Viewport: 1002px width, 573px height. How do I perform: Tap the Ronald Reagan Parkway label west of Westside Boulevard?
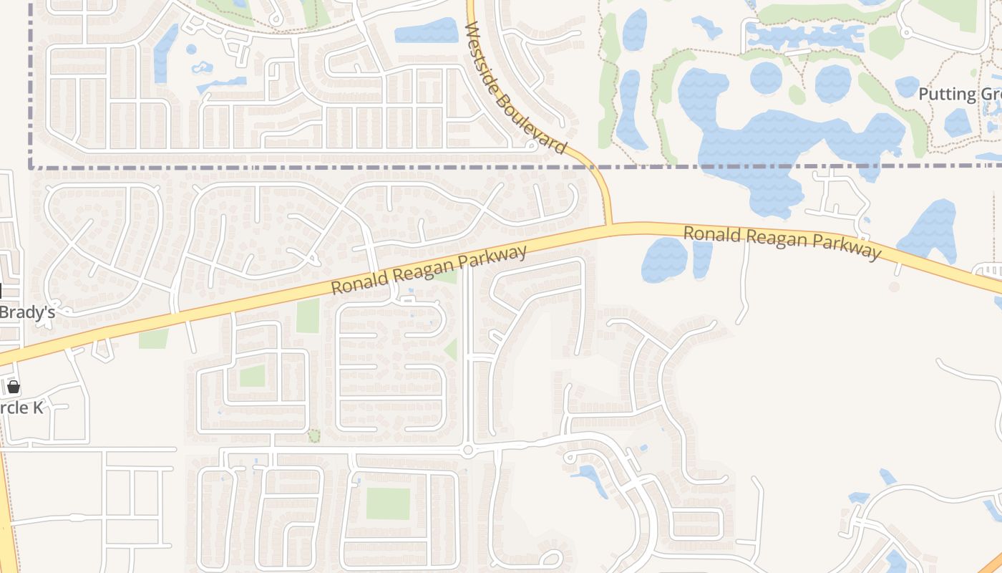click(429, 269)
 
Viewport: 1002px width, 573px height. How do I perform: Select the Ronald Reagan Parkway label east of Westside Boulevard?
click(782, 242)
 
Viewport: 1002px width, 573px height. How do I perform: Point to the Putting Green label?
click(959, 95)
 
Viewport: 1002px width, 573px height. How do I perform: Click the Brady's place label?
click(27, 312)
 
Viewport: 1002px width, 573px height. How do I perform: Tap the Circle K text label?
click(21, 408)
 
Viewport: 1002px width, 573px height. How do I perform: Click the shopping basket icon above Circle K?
click(14, 387)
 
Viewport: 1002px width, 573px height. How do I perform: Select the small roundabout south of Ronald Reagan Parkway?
click(468, 451)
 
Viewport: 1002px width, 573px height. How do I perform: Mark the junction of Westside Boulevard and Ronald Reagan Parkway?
click(610, 227)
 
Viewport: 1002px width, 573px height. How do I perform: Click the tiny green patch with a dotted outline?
click(313, 435)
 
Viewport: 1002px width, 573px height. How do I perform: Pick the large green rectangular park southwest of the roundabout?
click(388, 504)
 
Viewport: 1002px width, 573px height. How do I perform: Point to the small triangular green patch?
click(451, 350)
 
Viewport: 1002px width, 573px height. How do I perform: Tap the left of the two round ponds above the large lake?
click(766, 77)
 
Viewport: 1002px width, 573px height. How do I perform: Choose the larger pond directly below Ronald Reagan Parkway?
click(665, 260)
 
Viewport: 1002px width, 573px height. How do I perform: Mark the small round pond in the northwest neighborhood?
click(191, 49)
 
